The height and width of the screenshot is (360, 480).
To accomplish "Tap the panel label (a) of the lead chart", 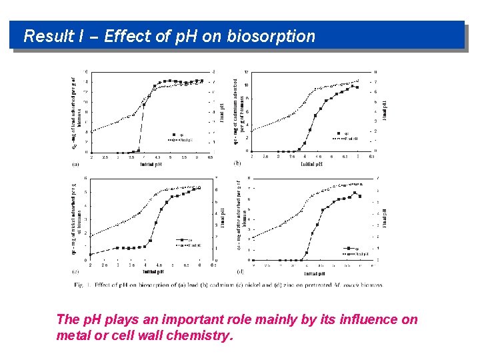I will (76, 163).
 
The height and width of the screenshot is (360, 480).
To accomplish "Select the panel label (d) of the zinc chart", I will (241, 271).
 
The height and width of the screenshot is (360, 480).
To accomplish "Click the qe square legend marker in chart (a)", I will (172, 135).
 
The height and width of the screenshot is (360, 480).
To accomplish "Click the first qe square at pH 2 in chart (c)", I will (91, 254).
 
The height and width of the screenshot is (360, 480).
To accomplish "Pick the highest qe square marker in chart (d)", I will (355, 193).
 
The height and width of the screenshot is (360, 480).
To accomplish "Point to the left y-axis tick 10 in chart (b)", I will (246, 85).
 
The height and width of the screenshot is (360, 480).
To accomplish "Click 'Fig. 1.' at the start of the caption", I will (83, 285).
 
